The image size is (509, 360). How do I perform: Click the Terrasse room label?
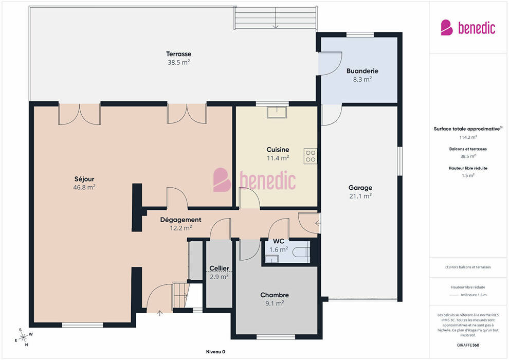click(x=178, y=54)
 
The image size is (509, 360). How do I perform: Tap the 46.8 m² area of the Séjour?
click(x=84, y=187)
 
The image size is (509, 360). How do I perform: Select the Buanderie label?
click(x=362, y=71)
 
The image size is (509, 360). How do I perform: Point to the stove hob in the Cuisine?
click(x=311, y=156)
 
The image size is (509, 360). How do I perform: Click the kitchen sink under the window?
click(x=277, y=112)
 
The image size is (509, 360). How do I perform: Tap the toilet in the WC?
click(x=301, y=251)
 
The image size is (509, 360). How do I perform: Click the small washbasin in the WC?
click(x=271, y=259)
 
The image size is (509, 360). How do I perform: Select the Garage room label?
click(x=360, y=188)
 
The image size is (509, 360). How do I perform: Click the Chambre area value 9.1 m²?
click(x=275, y=303)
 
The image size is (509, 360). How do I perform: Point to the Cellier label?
click(x=219, y=268)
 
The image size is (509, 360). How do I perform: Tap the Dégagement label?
click(x=181, y=220)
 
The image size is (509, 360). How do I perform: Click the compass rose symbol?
click(x=23, y=337)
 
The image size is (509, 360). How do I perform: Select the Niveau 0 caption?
click(x=215, y=352)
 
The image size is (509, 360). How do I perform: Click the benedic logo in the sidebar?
click(x=468, y=28)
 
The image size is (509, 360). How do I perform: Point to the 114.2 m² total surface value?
click(x=468, y=137)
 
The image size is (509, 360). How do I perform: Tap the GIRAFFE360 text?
click(x=468, y=345)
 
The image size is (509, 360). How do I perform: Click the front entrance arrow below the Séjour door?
click(x=160, y=313)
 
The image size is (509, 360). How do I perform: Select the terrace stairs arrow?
click(x=275, y=18)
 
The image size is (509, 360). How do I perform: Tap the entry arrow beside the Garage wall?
click(x=318, y=223)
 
